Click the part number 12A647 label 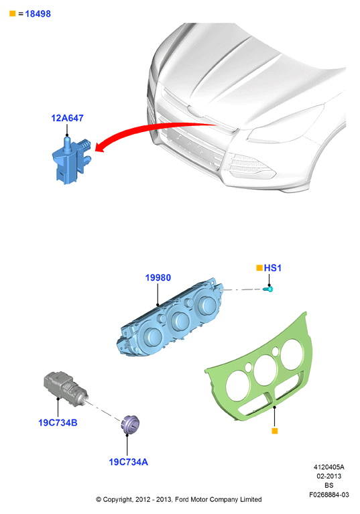(x=67, y=118)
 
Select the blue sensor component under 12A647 (x=72, y=161)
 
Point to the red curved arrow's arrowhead (x=101, y=147)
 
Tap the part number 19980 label (x=158, y=277)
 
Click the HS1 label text (x=273, y=268)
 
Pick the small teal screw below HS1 (x=268, y=289)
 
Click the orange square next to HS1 (x=259, y=268)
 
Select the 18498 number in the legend (x=38, y=14)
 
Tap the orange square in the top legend (x=13, y=13)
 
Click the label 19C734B (x=58, y=423)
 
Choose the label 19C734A (x=128, y=462)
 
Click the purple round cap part (x=131, y=424)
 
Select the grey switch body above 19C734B (x=66, y=389)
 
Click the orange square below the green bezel (x=275, y=431)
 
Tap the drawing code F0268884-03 (x=329, y=495)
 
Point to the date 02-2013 (x=329, y=476)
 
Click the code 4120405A (x=329, y=467)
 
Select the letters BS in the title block (x=329, y=485)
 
